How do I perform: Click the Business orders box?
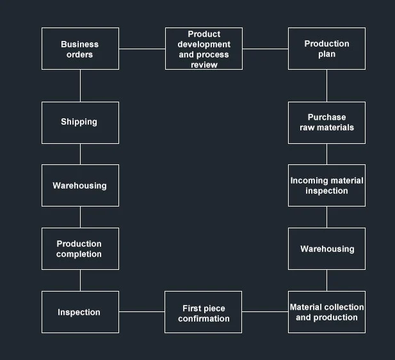pos(80,49)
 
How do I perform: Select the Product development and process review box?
pos(204,49)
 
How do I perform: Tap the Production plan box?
pos(326,49)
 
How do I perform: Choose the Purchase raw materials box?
pos(326,123)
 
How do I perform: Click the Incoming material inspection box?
pos(326,185)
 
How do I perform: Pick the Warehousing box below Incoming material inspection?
pos(326,249)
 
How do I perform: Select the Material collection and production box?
pos(326,312)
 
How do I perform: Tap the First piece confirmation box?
pos(204,312)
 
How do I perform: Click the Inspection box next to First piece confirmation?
pos(80,312)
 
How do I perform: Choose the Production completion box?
pos(80,249)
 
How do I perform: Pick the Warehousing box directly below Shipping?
pos(80,185)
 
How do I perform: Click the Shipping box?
pos(80,123)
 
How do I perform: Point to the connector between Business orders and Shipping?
pos(80,86)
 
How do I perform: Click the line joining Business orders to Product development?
pos(141,49)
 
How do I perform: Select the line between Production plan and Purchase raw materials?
pos(326,86)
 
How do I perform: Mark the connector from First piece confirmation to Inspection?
pos(141,312)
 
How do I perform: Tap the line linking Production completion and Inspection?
pos(80,281)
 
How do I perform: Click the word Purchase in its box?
pos(326,117)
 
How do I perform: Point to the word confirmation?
pos(204,318)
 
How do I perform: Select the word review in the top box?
pos(204,65)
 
